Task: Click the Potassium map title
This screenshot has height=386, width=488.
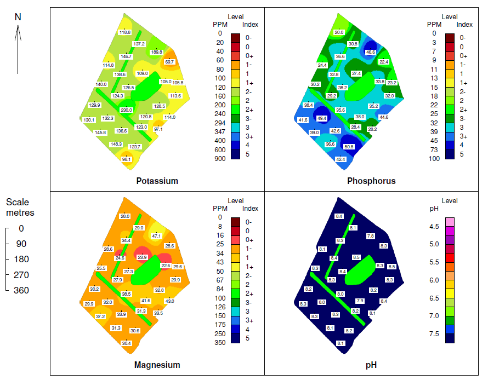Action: pyautogui.click(x=157, y=181)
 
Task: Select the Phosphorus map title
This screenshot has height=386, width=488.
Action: pyautogui.click(x=371, y=181)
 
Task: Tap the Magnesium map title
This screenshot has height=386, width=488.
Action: pyautogui.click(x=157, y=365)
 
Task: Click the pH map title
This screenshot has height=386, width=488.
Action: pyautogui.click(x=371, y=365)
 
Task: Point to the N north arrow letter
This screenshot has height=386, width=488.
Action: pyautogui.click(x=18, y=17)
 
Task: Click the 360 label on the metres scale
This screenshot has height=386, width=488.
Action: pyautogui.click(x=21, y=290)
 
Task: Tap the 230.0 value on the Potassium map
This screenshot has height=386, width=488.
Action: pyautogui.click(x=126, y=110)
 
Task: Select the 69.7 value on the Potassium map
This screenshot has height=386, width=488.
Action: pyautogui.click(x=169, y=62)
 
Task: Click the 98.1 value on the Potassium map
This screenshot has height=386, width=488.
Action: pyautogui.click(x=127, y=159)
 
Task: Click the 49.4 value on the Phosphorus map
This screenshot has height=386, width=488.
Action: pyautogui.click(x=322, y=118)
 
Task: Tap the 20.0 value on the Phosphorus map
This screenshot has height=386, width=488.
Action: pyautogui.click(x=339, y=33)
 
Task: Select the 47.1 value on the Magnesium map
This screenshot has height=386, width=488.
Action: pyautogui.click(x=157, y=236)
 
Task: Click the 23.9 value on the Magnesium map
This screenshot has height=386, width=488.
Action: pyautogui.click(x=142, y=257)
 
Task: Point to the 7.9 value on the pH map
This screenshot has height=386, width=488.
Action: pyautogui.click(x=360, y=301)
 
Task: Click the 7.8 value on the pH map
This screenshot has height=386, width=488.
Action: pyautogui.click(x=370, y=236)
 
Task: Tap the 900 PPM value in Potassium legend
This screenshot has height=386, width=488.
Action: pyautogui.click(x=219, y=159)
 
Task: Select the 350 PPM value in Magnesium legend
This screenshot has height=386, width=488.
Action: pyautogui.click(x=219, y=342)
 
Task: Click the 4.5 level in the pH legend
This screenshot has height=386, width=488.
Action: pyautogui.click(x=434, y=227)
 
